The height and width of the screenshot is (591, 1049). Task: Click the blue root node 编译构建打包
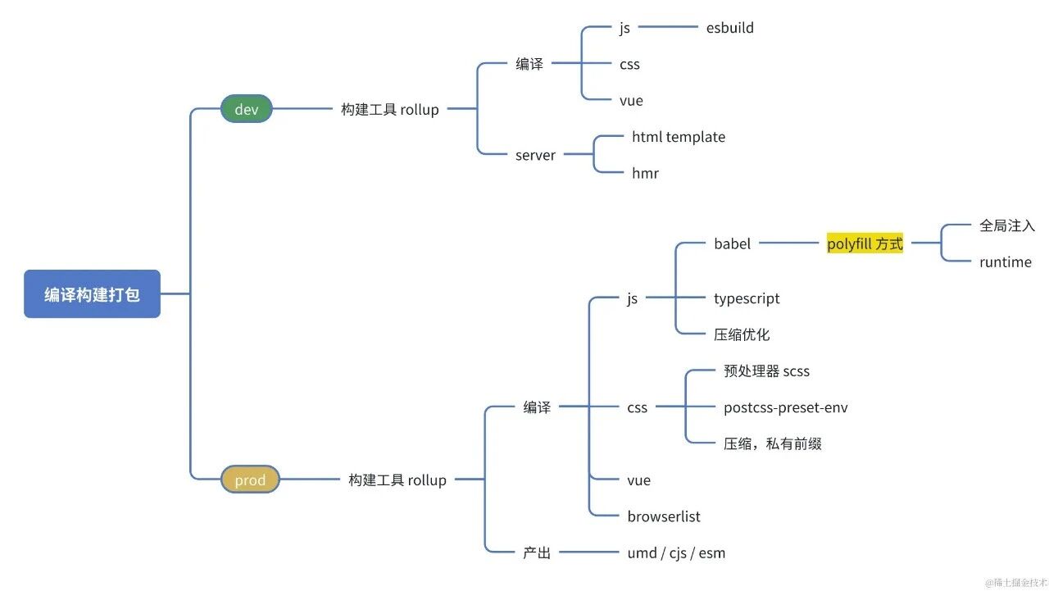92,294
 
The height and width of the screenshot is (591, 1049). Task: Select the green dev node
246,109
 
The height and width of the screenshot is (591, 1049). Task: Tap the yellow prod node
250,480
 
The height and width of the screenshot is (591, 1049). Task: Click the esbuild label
729,28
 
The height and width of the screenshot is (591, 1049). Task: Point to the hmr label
645,173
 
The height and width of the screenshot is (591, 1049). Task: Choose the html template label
678,137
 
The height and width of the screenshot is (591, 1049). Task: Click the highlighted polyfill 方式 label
865,243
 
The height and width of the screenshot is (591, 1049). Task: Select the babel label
732,243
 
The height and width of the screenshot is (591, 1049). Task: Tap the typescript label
747,298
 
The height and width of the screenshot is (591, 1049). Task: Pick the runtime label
1005,262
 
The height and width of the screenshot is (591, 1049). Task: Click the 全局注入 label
1007,225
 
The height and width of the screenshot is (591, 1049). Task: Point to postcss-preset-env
785,407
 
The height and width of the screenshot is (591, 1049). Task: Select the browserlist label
664,516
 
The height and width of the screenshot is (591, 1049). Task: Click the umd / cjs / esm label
676,552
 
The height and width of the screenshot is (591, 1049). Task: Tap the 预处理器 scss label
766,371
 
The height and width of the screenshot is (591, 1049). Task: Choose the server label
535,155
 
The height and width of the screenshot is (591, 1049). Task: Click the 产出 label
537,552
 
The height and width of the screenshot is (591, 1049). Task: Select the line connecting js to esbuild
668,28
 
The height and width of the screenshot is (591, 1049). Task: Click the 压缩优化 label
742,334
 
